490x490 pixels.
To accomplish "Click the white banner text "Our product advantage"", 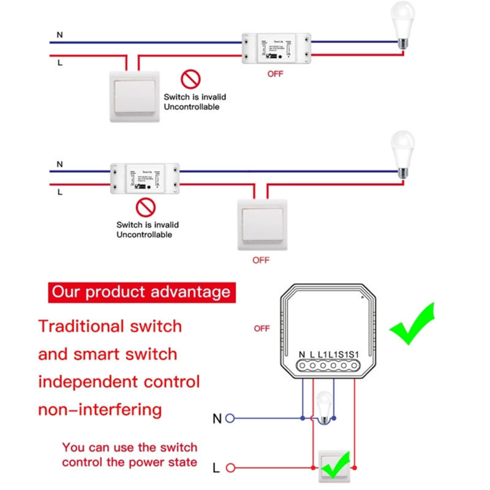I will point(141,291).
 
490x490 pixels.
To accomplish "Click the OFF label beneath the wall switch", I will point(261,260).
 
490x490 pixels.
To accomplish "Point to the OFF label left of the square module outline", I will point(262,328).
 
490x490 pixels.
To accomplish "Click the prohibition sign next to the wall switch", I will point(189,79).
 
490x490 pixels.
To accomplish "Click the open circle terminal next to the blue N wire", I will point(231,419).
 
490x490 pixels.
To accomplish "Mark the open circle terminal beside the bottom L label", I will point(231,469).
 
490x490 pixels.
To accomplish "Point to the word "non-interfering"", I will point(100,409).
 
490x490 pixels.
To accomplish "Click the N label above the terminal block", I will point(301,354).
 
